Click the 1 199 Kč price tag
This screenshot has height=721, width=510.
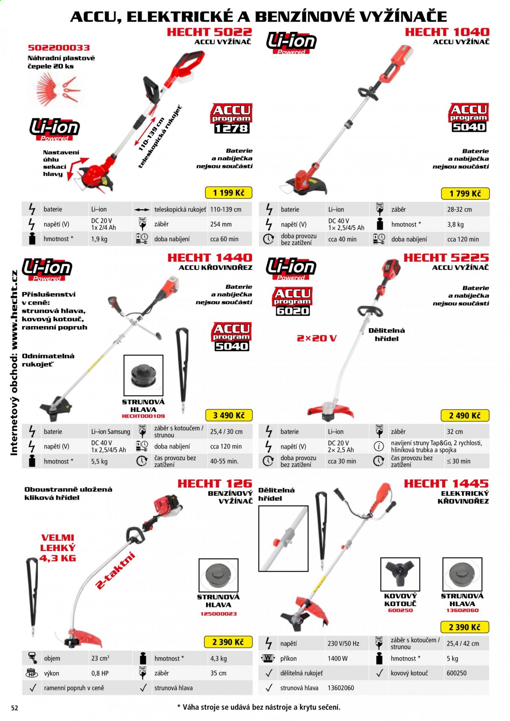click(228, 192)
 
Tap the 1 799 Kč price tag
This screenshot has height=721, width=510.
click(465, 193)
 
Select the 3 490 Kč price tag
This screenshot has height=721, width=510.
click(228, 415)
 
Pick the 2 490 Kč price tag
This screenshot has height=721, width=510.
click(465, 416)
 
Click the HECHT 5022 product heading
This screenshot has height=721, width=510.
click(209, 32)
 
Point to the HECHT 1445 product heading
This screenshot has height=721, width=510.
click(446, 483)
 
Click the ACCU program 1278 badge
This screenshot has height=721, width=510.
click(231, 119)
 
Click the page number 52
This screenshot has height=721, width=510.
click(14, 708)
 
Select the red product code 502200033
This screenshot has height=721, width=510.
click(59, 48)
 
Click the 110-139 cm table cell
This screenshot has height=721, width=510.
click(226, 209)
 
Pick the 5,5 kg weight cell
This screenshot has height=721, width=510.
click(99, 461)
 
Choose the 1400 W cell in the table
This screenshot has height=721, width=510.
click(338, 658)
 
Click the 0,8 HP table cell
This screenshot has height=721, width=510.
click(100, 673)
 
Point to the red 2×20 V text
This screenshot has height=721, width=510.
click(317, 338)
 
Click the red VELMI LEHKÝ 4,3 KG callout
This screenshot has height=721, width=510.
click(58, 548)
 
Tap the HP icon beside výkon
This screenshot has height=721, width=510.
click(32, 673)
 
